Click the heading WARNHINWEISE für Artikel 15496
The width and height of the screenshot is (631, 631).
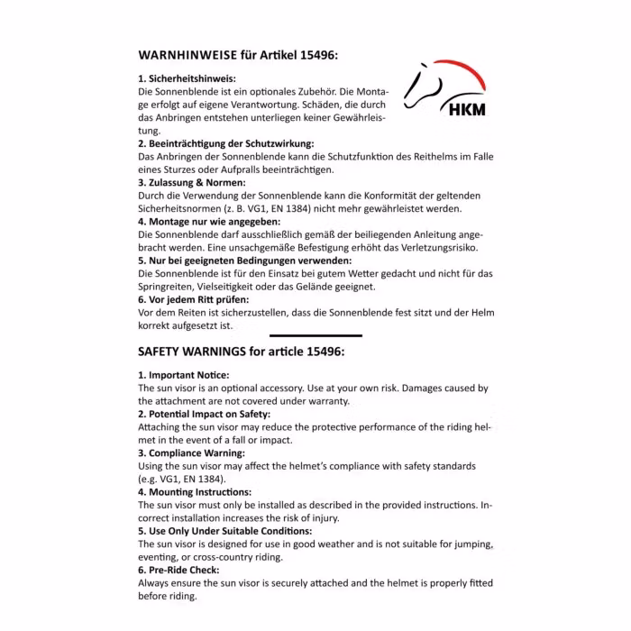pyautogui.click(x=238, y=54)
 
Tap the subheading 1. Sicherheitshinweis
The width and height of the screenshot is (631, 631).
pyautogui.click(x=187, y=78)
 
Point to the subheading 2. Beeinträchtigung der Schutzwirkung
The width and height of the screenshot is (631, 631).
pyautogui.click(x=225, y=143)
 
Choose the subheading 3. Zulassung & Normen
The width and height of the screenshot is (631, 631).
pyautogui.click(x=191, y=182)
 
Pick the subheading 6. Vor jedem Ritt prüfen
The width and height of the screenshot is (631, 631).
pyautogui.click(x=193, y=298)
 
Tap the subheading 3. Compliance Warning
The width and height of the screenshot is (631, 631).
pyautogui.click(x=191, y=453)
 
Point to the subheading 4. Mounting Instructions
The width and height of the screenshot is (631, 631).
pyautogui.click(x=194, y=492)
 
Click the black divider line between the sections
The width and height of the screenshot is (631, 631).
pyautogui.click(x=315, y=334)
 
